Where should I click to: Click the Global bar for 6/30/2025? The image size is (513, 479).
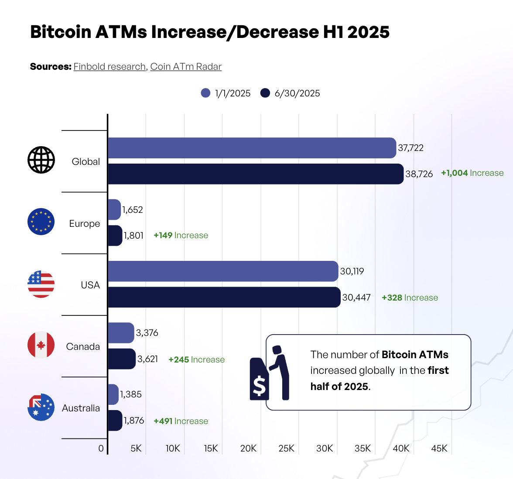[x=255, y=174]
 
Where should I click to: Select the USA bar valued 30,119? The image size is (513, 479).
[x=222, y=271]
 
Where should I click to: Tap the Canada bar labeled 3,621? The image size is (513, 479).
[x=121, y=359]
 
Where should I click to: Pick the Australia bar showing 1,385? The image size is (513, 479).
[x=113, y=394]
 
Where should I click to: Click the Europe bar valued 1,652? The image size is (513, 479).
[x=114, y=210]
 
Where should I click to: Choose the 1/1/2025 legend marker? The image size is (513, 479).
[x=205, y=93]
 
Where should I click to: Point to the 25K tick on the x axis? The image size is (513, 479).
[x=286, y=448]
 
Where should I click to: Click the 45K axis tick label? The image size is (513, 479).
[x=439, y=448]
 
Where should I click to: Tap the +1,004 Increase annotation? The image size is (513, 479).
[x=472, y=173]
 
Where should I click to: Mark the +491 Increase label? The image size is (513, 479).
[x=181, y=421]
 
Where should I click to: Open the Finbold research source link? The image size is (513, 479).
[x=109, y=67]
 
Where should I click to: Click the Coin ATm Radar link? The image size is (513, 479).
[x=186, y=67]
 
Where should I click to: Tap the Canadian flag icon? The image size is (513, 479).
[x=41, y=345]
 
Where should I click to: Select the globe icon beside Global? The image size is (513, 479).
[x=41, y=160]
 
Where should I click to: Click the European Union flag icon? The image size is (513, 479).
[x=41, y=222]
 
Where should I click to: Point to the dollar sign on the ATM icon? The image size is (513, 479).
[x=259, y=386]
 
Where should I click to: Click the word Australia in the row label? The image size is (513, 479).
[x=81, y=408]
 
